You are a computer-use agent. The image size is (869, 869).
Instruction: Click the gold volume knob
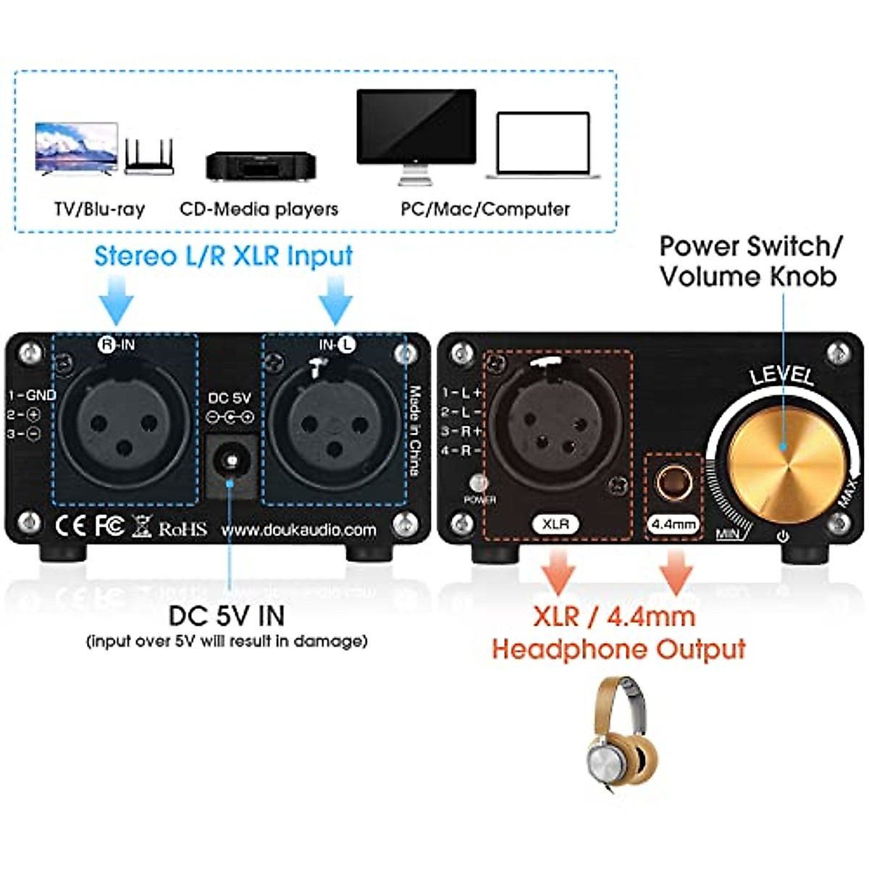click(786, 450)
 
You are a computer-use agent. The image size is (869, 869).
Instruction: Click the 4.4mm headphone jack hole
click(673, 482)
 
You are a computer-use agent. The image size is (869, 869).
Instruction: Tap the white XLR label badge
click(556, 524)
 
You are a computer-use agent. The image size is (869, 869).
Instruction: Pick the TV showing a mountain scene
click(76, 148)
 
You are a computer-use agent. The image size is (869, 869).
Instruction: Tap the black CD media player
click(261, 166)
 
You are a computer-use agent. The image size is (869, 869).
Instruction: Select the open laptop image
click(543, 145)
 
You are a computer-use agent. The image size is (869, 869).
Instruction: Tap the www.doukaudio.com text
click(298, 530)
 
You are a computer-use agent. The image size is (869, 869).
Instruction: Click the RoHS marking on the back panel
click(182, 529)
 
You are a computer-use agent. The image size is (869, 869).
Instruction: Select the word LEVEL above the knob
click(781, 376)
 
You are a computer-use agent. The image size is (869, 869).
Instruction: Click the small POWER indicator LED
click(478, 482)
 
